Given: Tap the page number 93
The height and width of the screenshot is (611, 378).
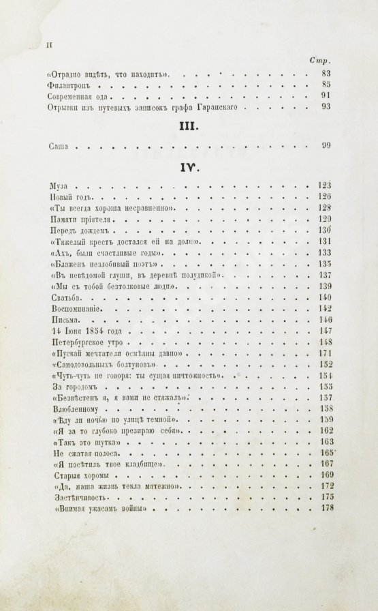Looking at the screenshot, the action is pyautogui.click(x=324, y=107).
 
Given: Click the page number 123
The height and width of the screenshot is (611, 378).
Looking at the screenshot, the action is pyautogui.click(x=324, y=185).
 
